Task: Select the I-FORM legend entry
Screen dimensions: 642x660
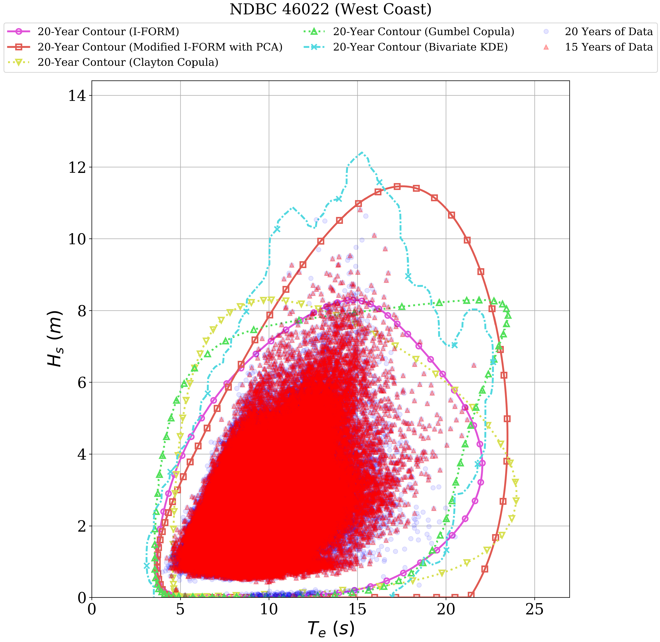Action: [x=108, y=32]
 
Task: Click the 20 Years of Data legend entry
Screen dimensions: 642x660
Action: [x=608, y=32]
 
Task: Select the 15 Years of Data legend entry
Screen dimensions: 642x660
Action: [x=608, y=47]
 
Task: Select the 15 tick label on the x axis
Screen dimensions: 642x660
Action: [x=357, y=610]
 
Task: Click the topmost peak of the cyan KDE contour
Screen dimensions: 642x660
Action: [x=361, y=152]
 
